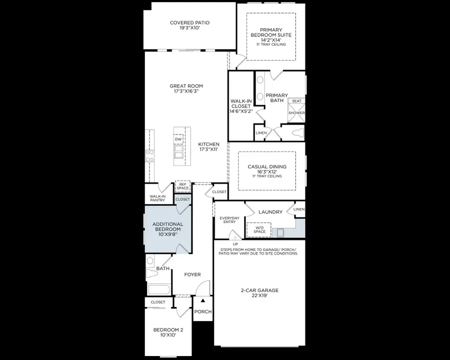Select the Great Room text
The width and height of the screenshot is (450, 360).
pyautogui.click(x=186, y=86)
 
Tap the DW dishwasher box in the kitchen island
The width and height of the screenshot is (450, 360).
pyautogui.click(x=178, y=139)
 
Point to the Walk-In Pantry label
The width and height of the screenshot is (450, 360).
pyautogui.click(x=157, y=197)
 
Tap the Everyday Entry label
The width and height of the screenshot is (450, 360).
pyautogui.click(x=229, y=220)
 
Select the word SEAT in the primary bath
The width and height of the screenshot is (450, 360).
pyautogui.click(x=296, y=101)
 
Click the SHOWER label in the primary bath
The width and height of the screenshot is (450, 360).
pyautogui.click(x=296, y=113)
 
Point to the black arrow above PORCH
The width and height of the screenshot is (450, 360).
pyautogui.click(x=202, y=301)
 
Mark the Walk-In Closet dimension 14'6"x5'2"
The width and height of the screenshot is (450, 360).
pyautogui.click(x=241, y=111)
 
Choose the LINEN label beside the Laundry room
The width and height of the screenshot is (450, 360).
pyautogui.click(x=298, y=209)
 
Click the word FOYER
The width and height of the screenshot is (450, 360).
pyautogui.click(x=192, y=274)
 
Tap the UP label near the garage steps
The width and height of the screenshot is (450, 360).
pyautogui.click(x=228, y=244)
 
